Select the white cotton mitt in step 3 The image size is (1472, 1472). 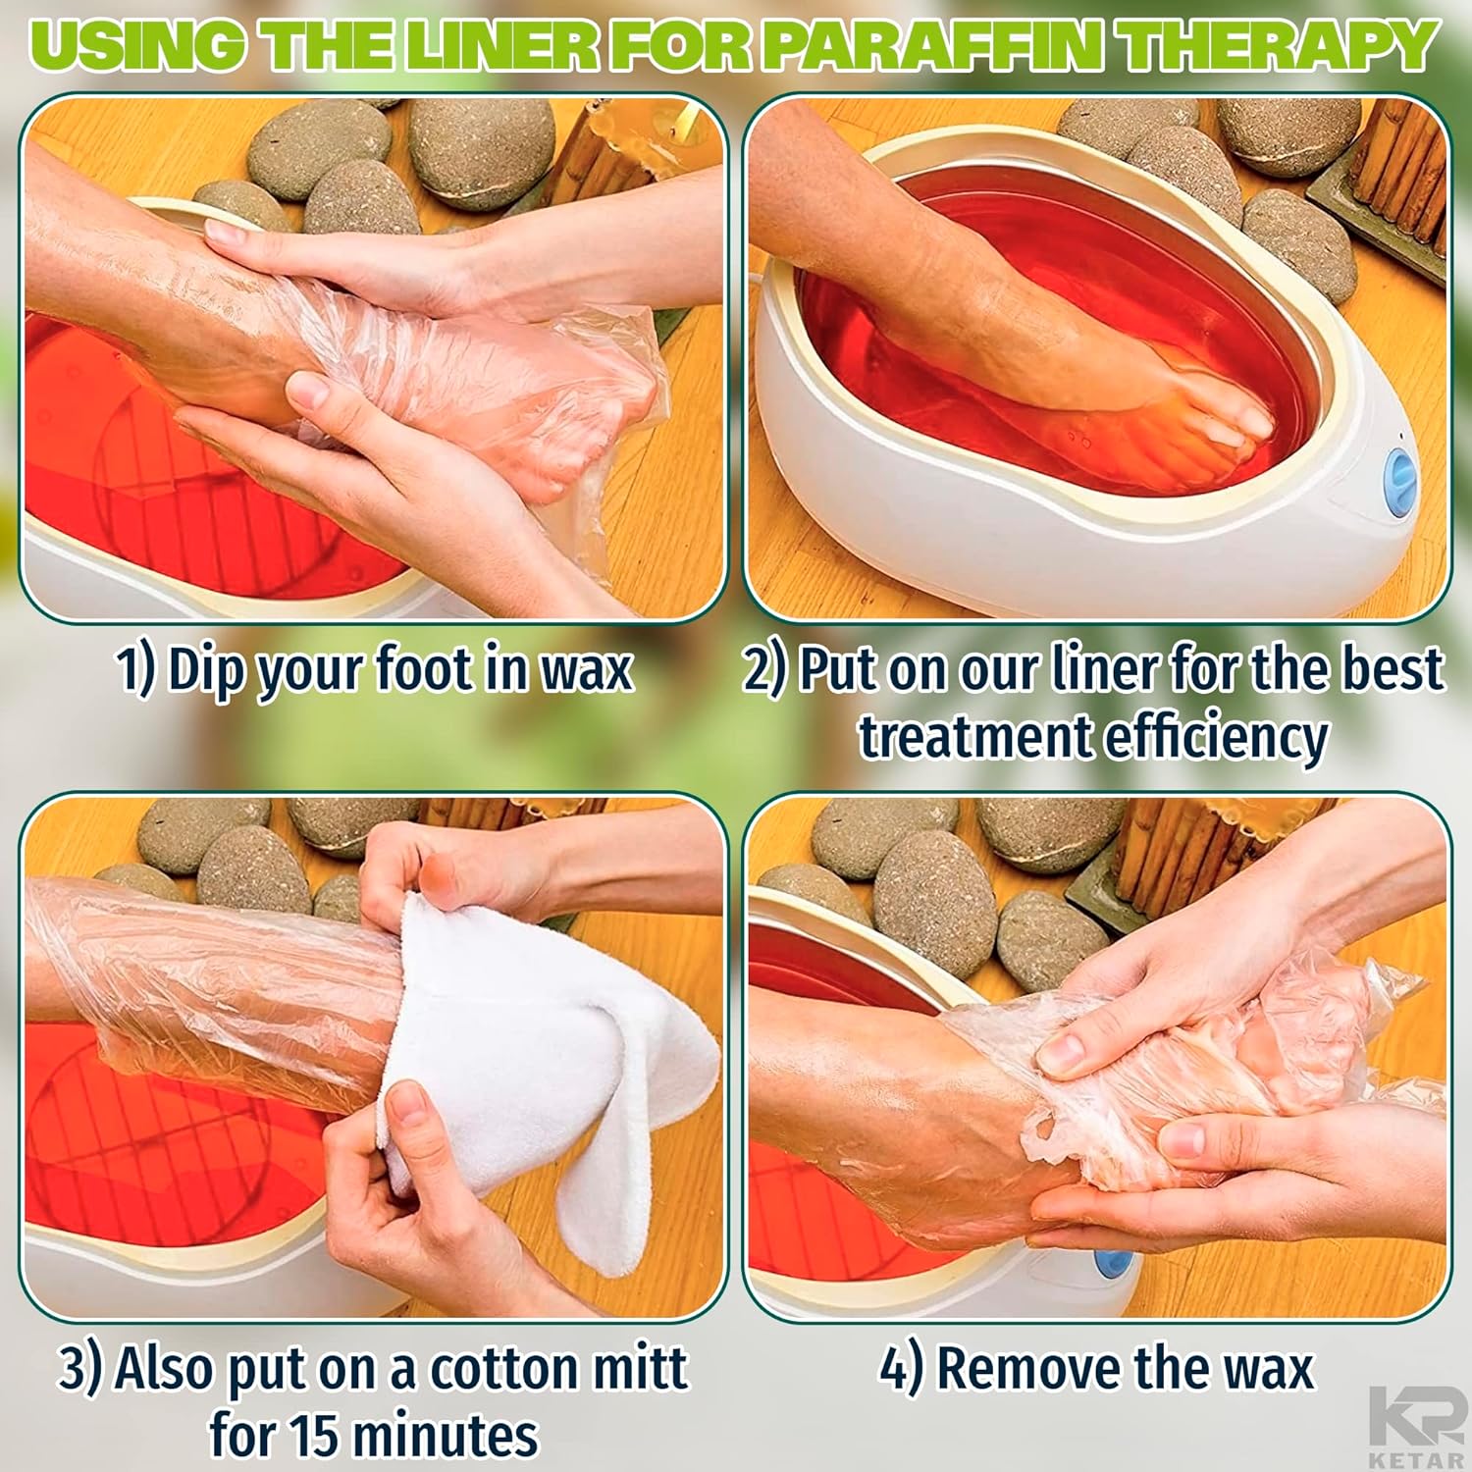tap(550, 1070)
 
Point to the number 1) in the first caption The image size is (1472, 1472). tap(136, 670)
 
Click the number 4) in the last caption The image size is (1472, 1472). tap(901, 1368)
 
